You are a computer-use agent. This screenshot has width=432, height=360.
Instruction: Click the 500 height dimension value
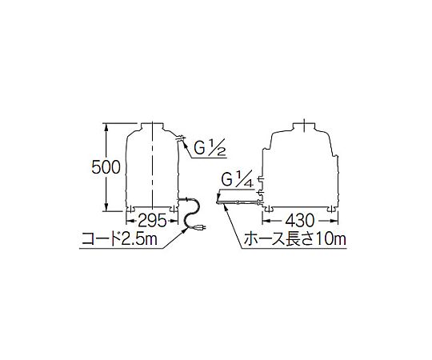pyautogui.click(x=106, y=167)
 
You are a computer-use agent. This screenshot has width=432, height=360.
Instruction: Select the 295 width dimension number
pyautogui.click(x=152, y=220)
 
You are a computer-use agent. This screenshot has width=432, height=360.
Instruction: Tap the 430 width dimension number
pyautogui.click(x=300, y=220)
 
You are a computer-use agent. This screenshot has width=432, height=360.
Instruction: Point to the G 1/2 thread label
pyautogui.click(x=210, y=148)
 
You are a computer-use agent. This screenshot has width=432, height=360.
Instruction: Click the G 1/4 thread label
pyautogui.click(x=238, y=180)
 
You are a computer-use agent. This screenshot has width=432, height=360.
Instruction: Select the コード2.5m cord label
pyautogui.click(x=119, y=239)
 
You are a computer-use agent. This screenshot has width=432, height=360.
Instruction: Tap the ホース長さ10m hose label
pyautogui.click(x=294, y=238)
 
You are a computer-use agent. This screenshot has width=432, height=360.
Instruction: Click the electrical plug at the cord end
pyautogui.click(x=200, y=228)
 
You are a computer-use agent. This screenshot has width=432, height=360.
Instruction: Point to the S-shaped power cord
pyautogui.click(x=190, y=213)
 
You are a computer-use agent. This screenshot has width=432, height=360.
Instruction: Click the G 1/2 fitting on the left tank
pyautogui.click(x=181, y=137)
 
